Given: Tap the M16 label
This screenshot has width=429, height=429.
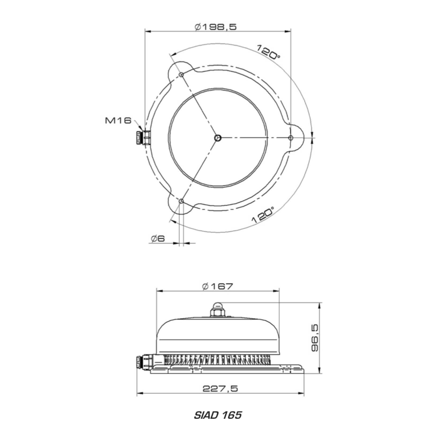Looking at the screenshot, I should click(117, 121).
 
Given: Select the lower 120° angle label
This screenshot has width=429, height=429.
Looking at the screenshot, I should click(263, 216).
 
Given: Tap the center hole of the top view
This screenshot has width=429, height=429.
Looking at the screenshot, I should click(217, 138).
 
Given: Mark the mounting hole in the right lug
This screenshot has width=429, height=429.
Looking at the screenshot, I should click(291, 138).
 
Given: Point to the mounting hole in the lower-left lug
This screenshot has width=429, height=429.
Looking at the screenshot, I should click(181, 201).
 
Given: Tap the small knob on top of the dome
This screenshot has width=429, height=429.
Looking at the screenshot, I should click(217, 308).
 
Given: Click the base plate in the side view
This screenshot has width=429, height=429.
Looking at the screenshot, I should click(225, 371).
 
